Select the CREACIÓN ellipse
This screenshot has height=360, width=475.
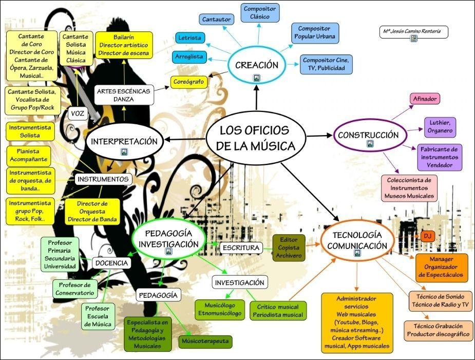(x=256, y=65)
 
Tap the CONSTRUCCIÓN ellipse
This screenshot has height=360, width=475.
(x=368, y=136)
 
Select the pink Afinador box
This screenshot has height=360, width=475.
(x=425, y=99)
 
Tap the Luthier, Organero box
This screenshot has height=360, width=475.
(x=440, y=127)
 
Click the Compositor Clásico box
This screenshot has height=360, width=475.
(x=260, y=13)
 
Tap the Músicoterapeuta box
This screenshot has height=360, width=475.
(x=205, y=341)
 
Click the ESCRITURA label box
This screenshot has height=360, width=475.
(x=240, y=248)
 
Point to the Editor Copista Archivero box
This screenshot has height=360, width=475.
(x=289, y=248)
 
